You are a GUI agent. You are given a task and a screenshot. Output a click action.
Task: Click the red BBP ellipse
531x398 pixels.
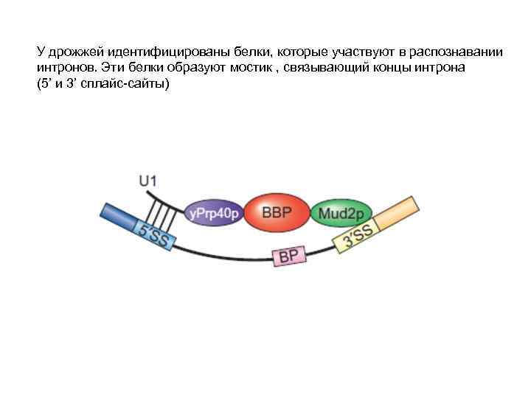point(277,214)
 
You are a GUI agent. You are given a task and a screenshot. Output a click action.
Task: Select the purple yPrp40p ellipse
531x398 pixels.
point(213,214)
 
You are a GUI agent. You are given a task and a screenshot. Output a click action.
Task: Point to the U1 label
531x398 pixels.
point(147,180)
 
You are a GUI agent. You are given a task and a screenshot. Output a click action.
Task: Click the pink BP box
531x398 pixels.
point(288,256)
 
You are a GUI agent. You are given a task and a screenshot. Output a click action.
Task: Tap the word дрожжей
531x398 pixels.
point(74,53)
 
